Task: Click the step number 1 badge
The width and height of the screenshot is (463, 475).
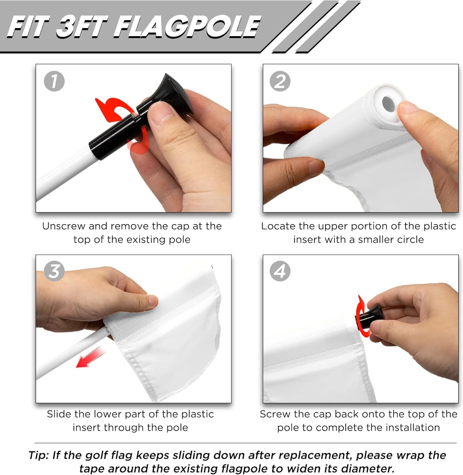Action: point(54,81)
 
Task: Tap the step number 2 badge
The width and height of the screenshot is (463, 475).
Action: point(280,81)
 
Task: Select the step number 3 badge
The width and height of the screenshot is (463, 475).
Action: point(54,271)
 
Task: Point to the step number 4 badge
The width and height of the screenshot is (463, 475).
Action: point(280,271)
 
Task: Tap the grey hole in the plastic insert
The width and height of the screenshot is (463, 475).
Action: point(388,104)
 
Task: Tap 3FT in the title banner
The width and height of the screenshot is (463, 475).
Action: point(82,27)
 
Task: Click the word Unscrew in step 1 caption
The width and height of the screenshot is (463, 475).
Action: point(64,226)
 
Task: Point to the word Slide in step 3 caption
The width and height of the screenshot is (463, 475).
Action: point(59,414)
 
